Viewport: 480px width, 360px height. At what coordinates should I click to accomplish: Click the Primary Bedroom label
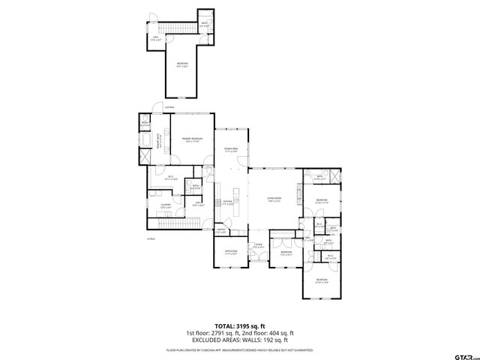192,139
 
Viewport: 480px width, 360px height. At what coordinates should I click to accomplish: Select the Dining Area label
231,150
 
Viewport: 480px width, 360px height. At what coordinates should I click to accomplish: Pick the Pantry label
221,232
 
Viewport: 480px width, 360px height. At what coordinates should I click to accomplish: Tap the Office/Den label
231,252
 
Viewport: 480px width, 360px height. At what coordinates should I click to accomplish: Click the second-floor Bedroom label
182,64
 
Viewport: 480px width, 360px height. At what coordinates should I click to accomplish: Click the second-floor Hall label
156,37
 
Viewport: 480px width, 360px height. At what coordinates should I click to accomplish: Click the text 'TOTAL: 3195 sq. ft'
239,326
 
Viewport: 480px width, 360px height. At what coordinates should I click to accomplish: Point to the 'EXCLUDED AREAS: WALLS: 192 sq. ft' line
239,339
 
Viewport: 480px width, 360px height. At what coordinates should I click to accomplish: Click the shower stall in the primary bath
145,142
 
